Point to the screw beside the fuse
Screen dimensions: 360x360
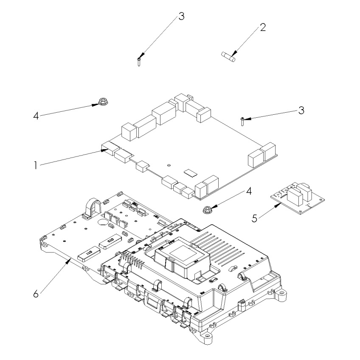pos(139,61)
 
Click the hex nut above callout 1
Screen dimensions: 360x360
pos(102,102)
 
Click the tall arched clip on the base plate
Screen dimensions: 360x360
pos(93,209)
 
